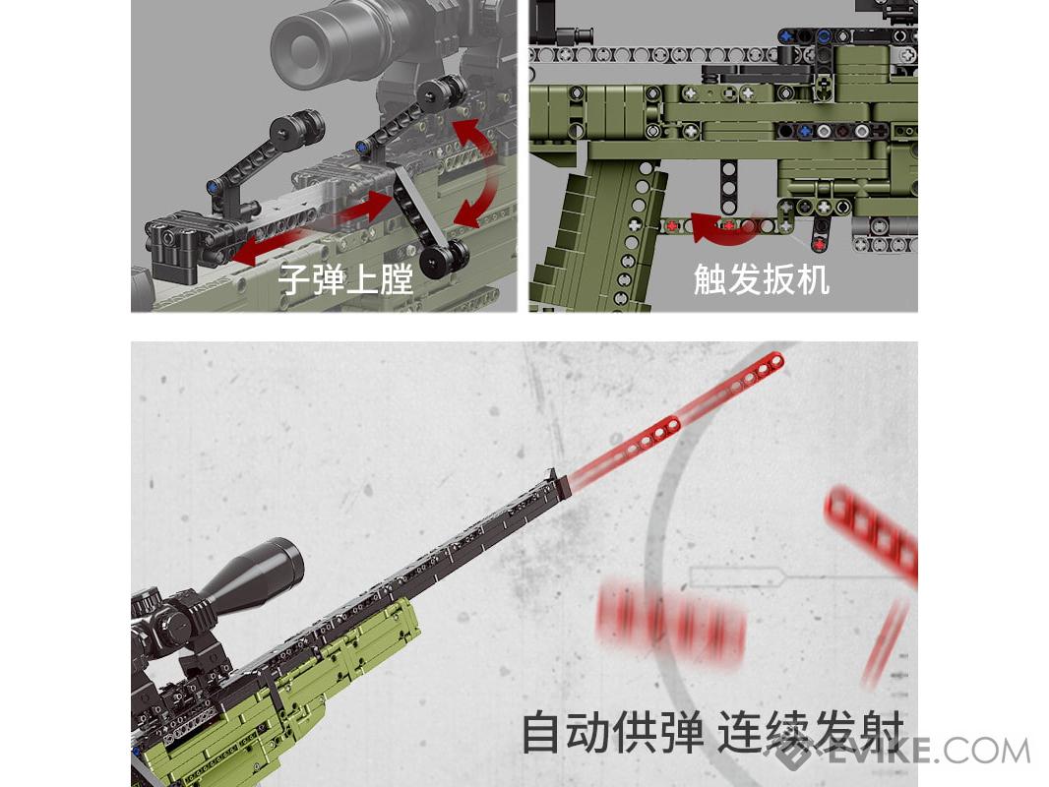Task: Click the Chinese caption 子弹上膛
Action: tap(345, 278)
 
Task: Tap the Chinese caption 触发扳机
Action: tap(762, 278)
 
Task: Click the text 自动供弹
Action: tap(612, 733)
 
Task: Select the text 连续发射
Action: tap(810, 733)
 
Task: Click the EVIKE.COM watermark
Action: tap(903, 752)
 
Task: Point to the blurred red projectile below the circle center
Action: tap(669, 623)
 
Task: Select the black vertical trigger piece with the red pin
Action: tap(819, 234)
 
